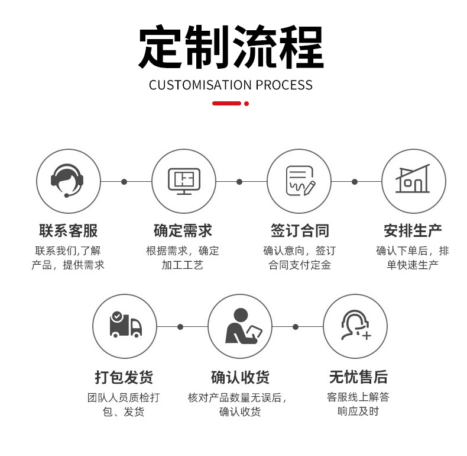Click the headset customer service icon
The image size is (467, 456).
click(x=67, y=181)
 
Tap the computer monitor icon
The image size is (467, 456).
click(x=184, y=181)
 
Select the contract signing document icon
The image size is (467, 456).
click(x=300, y=181)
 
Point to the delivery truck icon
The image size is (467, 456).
click(x=125, y=325)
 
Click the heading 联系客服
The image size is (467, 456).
click(x=68, y=231)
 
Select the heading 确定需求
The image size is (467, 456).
click(x=183, y=231)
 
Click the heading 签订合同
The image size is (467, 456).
click(x=300, y=231)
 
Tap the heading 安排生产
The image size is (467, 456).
click(x=413, y=231)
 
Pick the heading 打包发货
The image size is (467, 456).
click(x=124, y=377)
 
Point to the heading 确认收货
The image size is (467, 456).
click(x=240, y=377)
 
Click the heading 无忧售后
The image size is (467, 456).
click(x=358, y=377)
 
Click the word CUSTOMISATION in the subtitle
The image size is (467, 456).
click(x=200, y=85)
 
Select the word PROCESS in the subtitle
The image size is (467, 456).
click(x=284, y=85)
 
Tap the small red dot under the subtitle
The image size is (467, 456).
click(x=247, y=104)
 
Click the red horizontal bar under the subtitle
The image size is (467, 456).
click(x=226, y=103)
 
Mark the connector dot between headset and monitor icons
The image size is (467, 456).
click(x=124, y=181)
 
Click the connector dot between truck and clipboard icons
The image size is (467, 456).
click(x=180, y=327)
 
